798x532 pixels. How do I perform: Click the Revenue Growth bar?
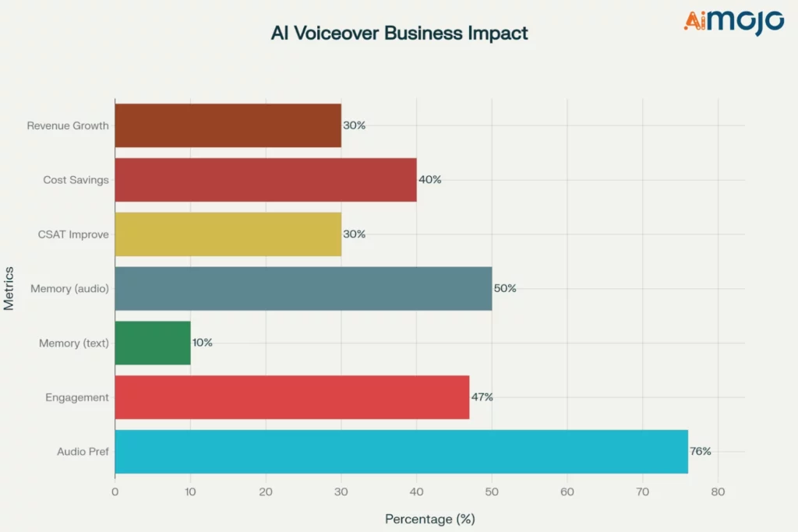228,125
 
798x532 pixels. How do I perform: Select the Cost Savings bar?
265,180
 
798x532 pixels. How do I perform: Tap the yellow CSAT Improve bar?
228,234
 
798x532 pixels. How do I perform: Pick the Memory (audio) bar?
303,288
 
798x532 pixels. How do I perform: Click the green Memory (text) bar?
153,343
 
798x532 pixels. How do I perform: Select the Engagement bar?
292,397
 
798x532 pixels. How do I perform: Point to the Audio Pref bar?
401,452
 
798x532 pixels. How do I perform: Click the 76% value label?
700,452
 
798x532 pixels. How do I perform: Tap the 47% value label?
481,397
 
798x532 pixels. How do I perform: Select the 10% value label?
202,343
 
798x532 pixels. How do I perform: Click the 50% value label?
504,288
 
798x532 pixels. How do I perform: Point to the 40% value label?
429,180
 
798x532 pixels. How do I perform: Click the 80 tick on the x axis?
718,492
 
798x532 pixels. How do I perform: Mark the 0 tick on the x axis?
115,492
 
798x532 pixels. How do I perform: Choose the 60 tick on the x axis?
567,492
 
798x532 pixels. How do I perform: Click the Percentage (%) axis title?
429,519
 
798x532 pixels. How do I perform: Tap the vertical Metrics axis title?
9,288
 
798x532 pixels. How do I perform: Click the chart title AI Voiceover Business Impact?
399,33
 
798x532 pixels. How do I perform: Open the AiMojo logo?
733,21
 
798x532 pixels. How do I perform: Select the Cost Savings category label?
76,180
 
